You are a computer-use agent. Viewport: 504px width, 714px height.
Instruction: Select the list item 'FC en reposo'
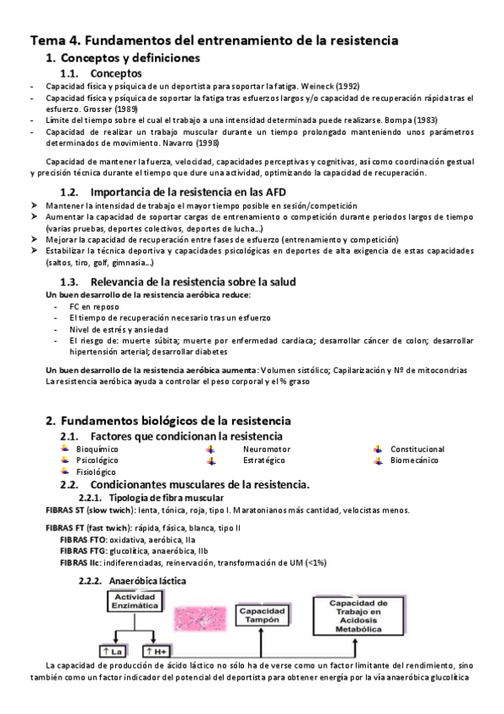[x=94, y=307]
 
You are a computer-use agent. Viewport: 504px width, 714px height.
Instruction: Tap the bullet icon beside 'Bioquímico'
[x=65, y=449]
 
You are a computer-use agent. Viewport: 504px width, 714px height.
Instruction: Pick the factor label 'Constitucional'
[x=417, y=449]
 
